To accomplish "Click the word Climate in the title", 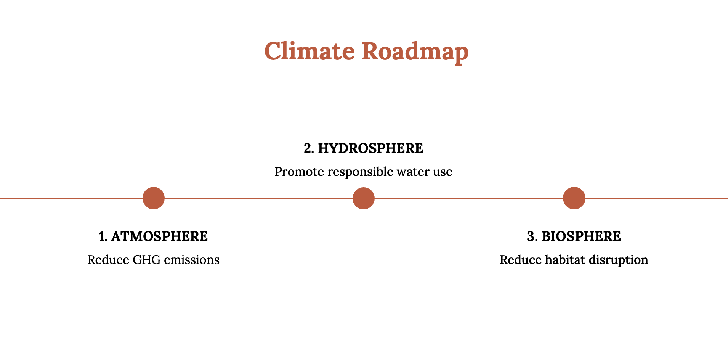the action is [x=309, y=51].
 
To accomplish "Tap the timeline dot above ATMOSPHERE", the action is [x=154, y=198].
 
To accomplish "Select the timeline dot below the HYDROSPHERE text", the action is [x=364, y=198].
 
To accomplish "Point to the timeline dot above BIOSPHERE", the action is [x=574, y=198].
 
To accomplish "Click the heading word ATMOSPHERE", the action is [x=159, y=236].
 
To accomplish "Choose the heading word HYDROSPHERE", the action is [x=370, y=148].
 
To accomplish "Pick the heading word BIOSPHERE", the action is [x=581, y=236].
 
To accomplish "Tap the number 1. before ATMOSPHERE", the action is [x=103, y=236].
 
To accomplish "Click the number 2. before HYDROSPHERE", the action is [x=309, y=148].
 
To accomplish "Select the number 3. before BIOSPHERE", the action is [x=532, y=236].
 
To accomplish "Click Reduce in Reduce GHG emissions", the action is [x=108, y=260].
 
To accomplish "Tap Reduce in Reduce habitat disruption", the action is [x=521, y=260].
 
